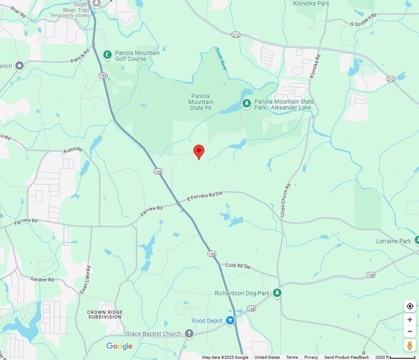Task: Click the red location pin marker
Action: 198,151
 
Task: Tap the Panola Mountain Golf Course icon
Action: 108,54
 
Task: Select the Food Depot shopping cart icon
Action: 230,320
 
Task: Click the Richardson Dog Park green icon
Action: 277,293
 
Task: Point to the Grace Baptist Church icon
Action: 189,334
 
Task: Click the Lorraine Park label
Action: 393,241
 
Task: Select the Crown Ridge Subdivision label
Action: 104,315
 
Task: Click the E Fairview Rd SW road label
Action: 205,197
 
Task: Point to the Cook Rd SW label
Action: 238,266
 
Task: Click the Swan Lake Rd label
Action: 88,280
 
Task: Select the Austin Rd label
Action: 72,150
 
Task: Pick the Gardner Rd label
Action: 42,279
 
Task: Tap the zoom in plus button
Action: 410,320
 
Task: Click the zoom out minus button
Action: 410,331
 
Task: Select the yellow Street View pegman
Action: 410,346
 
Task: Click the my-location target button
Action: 410,306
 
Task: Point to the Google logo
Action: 119,347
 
